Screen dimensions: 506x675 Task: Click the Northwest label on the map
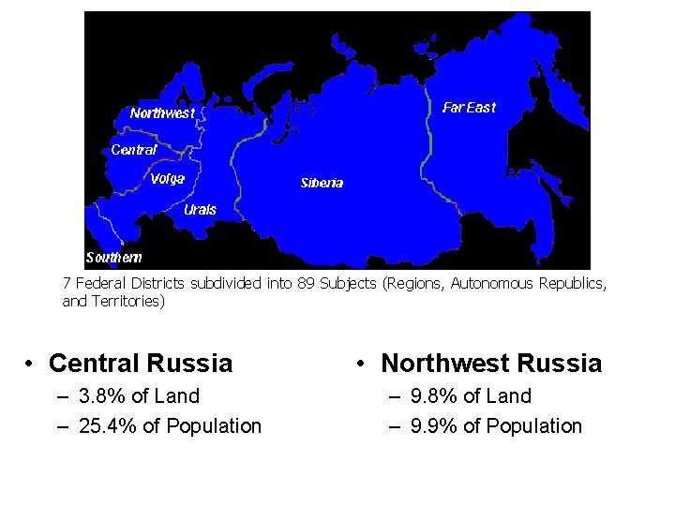(162, 113)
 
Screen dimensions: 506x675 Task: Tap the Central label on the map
(134, 149)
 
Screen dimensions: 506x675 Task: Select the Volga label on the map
(167, 178)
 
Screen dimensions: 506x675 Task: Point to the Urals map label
(200, 210)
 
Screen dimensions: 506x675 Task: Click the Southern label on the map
(113, 257)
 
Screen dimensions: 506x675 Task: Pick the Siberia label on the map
(322, 183)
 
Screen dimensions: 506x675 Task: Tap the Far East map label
(469, 108)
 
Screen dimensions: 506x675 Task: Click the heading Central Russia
(140, 363)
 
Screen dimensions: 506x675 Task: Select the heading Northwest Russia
(491, 363)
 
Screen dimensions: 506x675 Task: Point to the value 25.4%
(110, 426)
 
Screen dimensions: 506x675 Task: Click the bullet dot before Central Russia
(31, 364)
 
